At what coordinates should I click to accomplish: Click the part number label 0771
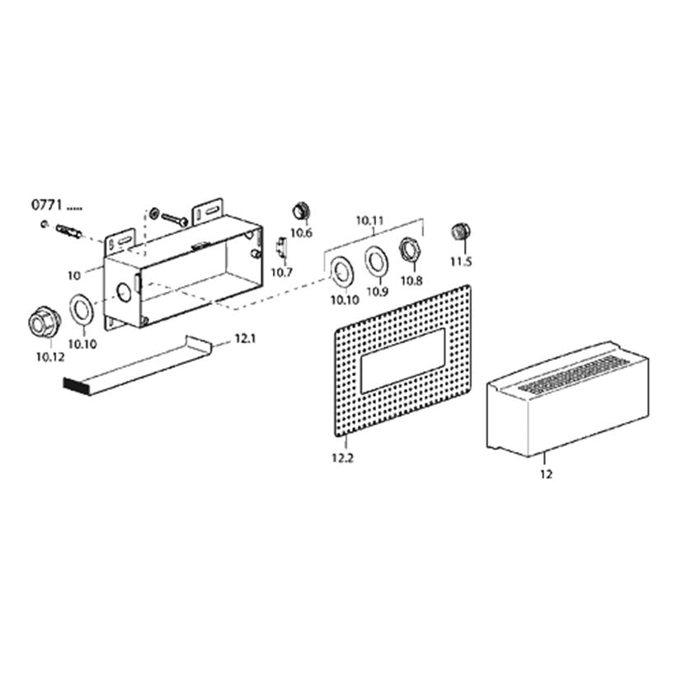coord(47,205)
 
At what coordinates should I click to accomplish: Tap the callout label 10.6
coord(301,233)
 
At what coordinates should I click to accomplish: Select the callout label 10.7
coord(281,272)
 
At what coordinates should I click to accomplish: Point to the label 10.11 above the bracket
coord(369,220)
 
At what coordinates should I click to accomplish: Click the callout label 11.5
coord(460,261)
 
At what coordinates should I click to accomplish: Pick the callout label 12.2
coord(342,458)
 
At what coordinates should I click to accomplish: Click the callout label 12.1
coord(245,339)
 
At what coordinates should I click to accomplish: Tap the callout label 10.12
coord(50,357)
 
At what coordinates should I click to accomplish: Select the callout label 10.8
coord(411,280)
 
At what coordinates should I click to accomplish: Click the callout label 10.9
coord(378,291)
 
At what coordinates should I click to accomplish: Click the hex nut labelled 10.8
coord(409,251)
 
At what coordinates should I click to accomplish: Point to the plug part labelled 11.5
coord(461,232)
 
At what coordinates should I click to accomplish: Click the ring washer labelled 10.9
coord(376,261)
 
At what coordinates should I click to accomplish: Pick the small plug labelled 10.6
coord(302,212)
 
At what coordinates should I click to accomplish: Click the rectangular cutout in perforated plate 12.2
coord(402,361)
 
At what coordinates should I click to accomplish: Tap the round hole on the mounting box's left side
coord(125,292)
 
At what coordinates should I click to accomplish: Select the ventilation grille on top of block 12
coord(574,374)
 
